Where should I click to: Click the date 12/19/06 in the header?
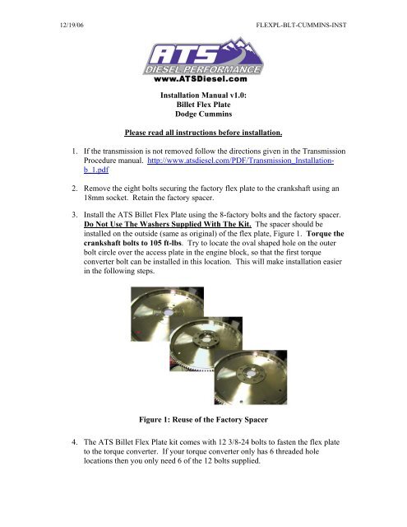tap(72, 25)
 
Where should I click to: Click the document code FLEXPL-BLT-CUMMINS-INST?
tap(301, 25)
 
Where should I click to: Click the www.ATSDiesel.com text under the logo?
tap(201, 79)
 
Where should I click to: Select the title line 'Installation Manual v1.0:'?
tap(203, 96)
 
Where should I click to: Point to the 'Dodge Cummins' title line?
tap(203, 114)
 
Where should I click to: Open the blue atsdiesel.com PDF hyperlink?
tap(209, 165)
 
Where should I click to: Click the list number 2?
tap(74, 189)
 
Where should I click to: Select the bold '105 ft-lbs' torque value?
tap(165, 243)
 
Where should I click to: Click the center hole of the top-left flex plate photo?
tap(168, 313)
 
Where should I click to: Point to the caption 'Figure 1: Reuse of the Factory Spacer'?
tap(203, 419)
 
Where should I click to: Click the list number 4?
tap(74, 442)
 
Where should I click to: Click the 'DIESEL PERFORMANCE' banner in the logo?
tap(202, 69)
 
